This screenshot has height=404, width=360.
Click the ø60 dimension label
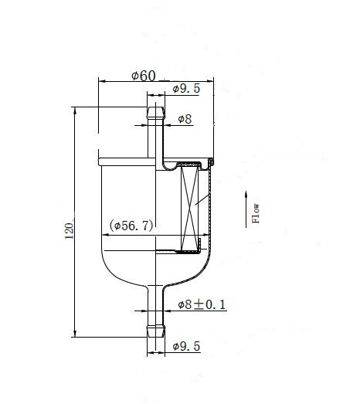click(x=144, y=76)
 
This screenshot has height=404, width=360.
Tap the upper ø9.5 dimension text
click(x=186, y=89)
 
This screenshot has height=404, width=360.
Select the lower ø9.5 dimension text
click(x=186, y=346)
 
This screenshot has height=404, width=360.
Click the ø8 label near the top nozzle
click(x=185, y=119)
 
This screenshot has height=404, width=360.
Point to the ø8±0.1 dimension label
click(x=202, y=304)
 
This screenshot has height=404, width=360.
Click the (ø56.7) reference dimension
click(x=131, y=226)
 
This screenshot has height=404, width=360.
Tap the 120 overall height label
click(x=69, y=231)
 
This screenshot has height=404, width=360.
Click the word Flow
click(x=256, y=213)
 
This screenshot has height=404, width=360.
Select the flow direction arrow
click(x=246, y=209)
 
